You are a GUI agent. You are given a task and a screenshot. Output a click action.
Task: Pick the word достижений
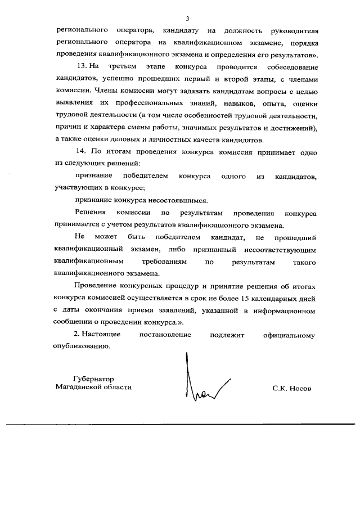294,128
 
